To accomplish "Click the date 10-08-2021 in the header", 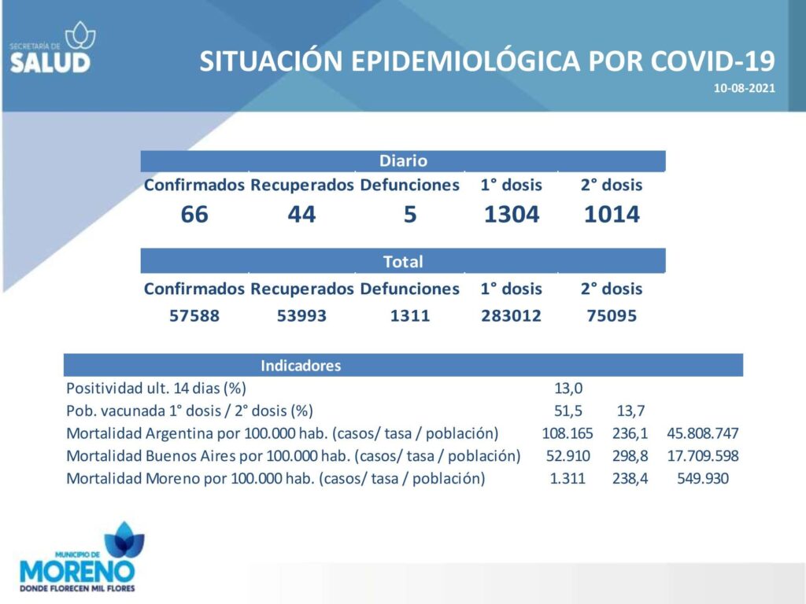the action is pyautogui.click(x=744, y=88).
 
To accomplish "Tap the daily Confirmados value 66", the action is pyautogui.click(x=194, y=214).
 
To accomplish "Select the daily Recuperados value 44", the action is pyautogui.click(x=301, y=214).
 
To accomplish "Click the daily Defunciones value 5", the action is pyautogui.click(x=409, y=214).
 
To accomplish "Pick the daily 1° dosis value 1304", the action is pyautogui.click(x=512, y=214).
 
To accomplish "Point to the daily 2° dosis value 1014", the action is pyautogui.click(x=612, y=214).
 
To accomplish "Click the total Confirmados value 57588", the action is pyautogui.click(x=194, y=315).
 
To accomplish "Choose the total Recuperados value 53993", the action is pyautogui.click(x=301, y=315).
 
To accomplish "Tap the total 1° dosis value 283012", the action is pyautogui.click(x=512, y=315).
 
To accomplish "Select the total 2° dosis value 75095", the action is pyautogui.click(x=612, y=315).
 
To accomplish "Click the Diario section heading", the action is pyautogui.click(x=403, y=160).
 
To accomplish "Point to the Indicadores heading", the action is pyautogui.click(x=301, y=366).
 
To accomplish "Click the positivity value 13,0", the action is pyautogui.click(x=568, y=389).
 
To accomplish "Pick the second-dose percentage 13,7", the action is pyautogui.click(x=630, y=411).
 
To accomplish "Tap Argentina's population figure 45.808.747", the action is pyautogui.click(x=703, y=433).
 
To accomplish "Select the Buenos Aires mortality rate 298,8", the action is pyautogui.click(x=630, y=456).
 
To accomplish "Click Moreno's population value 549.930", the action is pyautogui.click(x=703, y=479).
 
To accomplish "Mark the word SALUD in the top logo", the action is pyautogui.click(x=50, y=63).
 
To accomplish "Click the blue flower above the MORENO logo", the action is pyautogui.click(x=124, y=540).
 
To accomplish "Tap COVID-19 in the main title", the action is pyautogui.click(x=712, y=61).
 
